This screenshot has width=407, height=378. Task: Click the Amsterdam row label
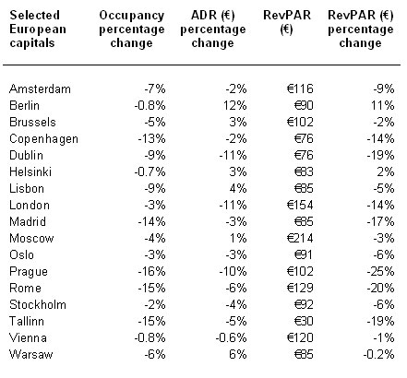tap(40, 89)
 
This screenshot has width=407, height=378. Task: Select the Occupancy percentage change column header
tap(132, 30)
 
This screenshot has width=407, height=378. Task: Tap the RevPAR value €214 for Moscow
tap(300, 239)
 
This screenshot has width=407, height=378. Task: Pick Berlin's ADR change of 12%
tap(235, 106)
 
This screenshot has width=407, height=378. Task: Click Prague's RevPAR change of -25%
tap(380, 272)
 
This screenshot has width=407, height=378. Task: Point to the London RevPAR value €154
tap(300, 206)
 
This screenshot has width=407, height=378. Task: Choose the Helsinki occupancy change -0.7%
tap(150, 172)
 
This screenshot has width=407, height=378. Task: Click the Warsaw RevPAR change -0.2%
tap(378, 355)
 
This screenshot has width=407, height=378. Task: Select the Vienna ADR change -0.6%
tap(231, 338)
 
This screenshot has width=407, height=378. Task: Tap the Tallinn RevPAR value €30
tap(304, 322)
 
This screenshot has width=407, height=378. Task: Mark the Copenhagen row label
tap(43, 139)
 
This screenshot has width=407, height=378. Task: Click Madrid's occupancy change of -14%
tap(151, 222)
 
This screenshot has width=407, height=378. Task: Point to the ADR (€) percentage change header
tap(213, 30)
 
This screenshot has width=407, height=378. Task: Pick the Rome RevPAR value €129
tap(300, 289)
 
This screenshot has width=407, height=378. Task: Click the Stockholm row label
tap(38, 305)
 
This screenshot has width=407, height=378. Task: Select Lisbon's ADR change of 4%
tap(238, 189)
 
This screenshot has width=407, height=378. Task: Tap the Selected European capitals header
tap(38, 30)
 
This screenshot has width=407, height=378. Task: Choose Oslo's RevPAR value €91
tap(304, 255)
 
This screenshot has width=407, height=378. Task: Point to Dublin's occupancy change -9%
tap(155, 156)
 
